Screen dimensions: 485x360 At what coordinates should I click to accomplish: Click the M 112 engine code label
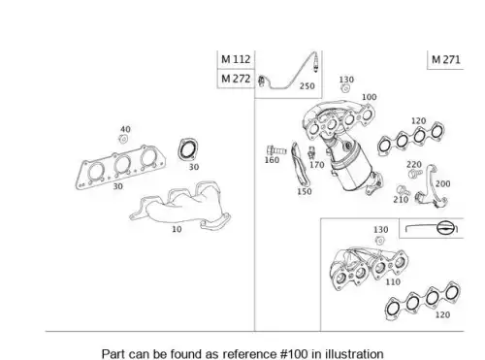[x=236, y=59]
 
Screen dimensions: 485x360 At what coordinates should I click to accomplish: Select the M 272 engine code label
[x=236, y=79]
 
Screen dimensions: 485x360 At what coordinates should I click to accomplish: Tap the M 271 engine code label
[x=445, y=59]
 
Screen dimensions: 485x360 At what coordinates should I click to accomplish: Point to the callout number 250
[x=307, y=86]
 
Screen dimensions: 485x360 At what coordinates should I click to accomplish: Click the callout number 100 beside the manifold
[x=369, y=97]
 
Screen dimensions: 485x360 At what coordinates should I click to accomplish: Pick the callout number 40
[x=125, y=129]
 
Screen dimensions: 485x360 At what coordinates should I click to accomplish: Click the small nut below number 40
[x=123, y=139]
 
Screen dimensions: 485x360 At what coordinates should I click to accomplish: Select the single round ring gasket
[x=188, y=149]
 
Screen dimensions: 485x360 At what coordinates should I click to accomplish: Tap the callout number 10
[x=177, y=229]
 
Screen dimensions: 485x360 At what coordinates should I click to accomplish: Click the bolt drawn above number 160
[x=276, y=150]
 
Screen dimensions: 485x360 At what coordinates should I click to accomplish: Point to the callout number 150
[x=305, y=191]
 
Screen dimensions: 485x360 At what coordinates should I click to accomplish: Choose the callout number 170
[x=317, y=165]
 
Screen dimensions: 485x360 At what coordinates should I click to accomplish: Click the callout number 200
[x=442, y=184]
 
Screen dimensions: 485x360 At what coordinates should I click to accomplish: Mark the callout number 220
[x=414, y=165]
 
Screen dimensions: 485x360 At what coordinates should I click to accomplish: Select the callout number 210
[x=401, y=200]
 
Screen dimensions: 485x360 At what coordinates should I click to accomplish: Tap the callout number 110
[x=393, y=282]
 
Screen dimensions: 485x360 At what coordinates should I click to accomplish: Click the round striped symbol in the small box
[x=444, y=228]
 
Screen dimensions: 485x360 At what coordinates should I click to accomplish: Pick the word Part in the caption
[x=113, y=354]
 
